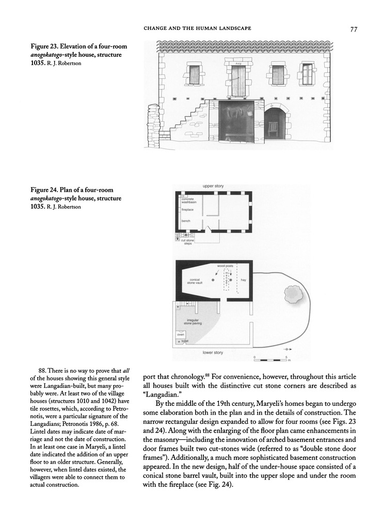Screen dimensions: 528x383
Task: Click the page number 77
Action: click(354, 29)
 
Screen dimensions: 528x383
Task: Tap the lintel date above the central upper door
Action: click(238, 63)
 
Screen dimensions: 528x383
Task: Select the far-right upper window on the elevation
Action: click(308, 74)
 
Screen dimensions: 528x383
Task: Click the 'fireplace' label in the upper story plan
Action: click(186, 210)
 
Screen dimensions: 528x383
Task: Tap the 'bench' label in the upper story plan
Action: click(185, 221)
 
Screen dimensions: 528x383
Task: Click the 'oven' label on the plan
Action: click(181, 335)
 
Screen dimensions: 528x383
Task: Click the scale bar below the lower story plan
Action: click(270, 359)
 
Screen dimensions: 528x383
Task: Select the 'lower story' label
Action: click(212, 353)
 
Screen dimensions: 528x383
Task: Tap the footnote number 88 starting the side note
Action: click(43, 370)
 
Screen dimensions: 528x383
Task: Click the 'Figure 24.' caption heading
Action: click(44, 190)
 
